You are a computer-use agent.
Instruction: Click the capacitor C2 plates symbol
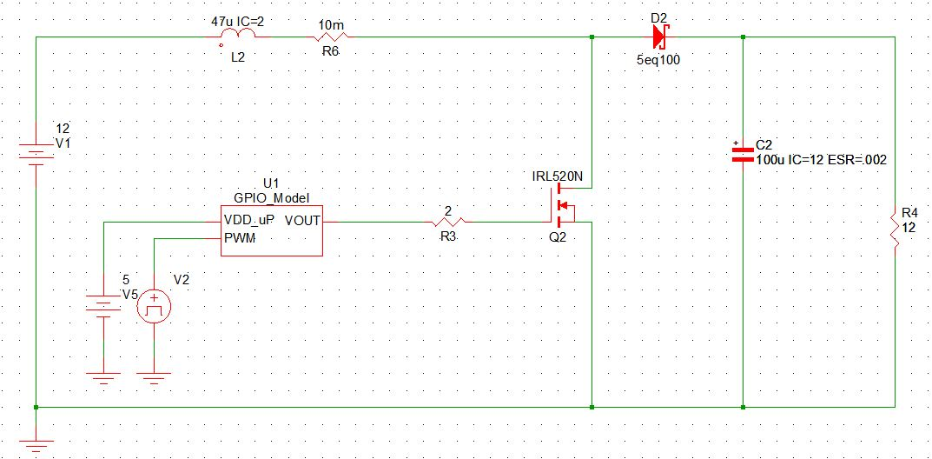pos(743,154)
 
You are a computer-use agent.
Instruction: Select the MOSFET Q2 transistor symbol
pos(563,206)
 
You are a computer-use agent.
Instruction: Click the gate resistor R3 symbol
pos(447,222)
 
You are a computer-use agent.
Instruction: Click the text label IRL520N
pos(558,177)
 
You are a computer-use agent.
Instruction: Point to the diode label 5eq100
pos(658,63)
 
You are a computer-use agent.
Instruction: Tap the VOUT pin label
pos(302,221)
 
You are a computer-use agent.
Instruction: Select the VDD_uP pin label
pos(249,221)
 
